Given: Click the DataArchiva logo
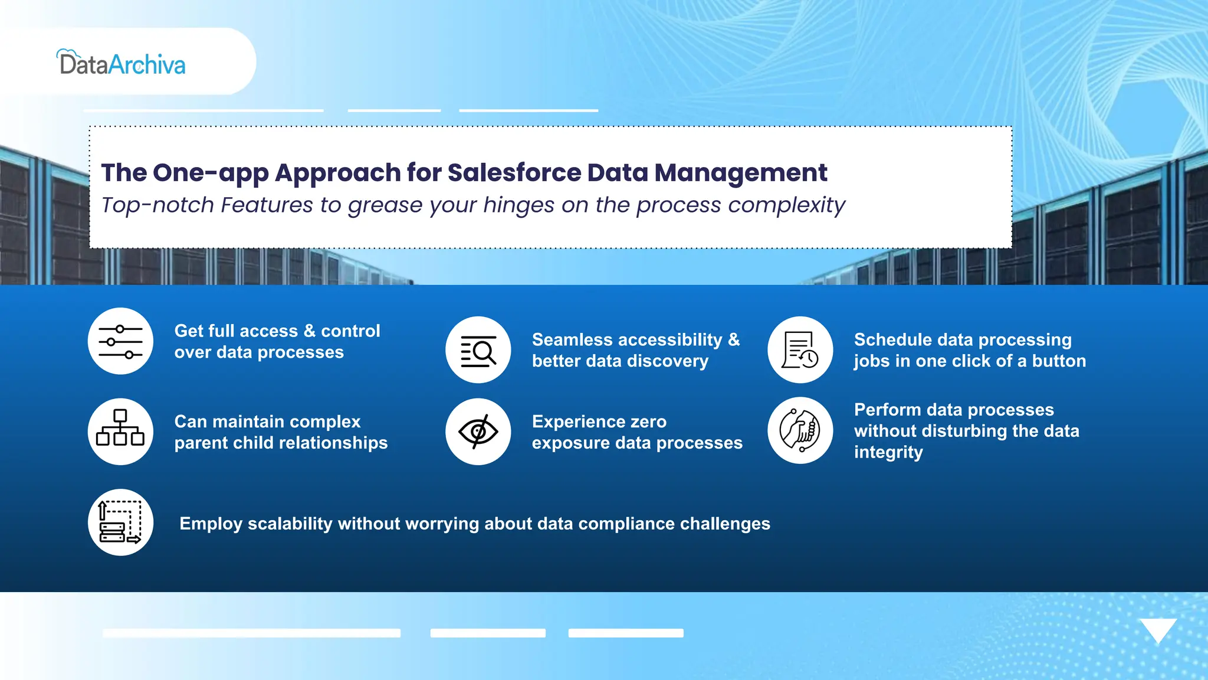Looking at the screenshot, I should point(122,63).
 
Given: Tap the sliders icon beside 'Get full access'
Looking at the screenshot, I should point(120,341).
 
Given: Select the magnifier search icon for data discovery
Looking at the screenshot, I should point(478,350).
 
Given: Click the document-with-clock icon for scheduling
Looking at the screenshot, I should point(800,350).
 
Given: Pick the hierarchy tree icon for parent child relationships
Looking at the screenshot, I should point(120,431).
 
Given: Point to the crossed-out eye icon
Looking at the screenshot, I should point(478,431).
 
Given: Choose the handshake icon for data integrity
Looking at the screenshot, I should point(800,430).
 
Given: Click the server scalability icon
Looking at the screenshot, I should point(120,522).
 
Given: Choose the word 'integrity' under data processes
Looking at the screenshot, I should point(888,453).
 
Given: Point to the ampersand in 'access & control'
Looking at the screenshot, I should point(310,331).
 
